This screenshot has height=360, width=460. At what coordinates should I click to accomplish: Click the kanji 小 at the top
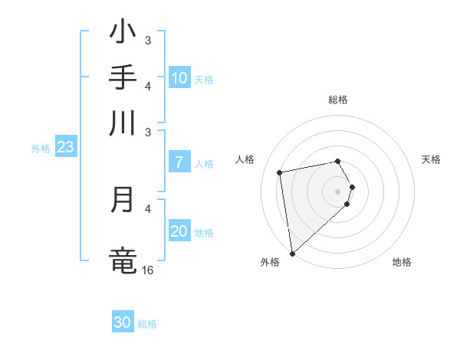tap(123, 32)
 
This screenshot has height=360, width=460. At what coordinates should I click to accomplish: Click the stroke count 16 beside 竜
tap(148, 270)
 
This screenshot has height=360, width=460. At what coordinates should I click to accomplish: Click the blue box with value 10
tap(179, 77)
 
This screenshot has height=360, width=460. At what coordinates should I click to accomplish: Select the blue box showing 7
tap(179, 162)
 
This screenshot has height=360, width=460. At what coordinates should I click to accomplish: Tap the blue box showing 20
tap(179, 231)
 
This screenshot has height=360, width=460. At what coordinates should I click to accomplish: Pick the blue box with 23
tap(65, 148)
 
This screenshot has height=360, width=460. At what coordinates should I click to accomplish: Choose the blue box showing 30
tap(123, 323)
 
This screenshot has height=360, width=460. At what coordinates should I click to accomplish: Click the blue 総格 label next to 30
tap(147, 324)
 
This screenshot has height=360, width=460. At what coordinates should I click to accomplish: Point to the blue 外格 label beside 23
tap(41, 149)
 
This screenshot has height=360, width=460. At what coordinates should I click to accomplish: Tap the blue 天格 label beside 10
tap(204, 79)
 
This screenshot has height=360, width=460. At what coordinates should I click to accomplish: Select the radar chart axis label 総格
tap(338, 100)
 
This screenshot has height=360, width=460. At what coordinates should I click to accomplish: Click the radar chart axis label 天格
tap(432, 159)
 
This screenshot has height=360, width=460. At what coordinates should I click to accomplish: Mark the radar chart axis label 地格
tap(402, 262)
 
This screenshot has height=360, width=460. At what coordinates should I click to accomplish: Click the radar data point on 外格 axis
tap(292, 254)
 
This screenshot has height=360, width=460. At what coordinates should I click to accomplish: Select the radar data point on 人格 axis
tap(280, 172)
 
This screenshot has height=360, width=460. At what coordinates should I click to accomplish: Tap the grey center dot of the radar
tap(338, 191)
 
